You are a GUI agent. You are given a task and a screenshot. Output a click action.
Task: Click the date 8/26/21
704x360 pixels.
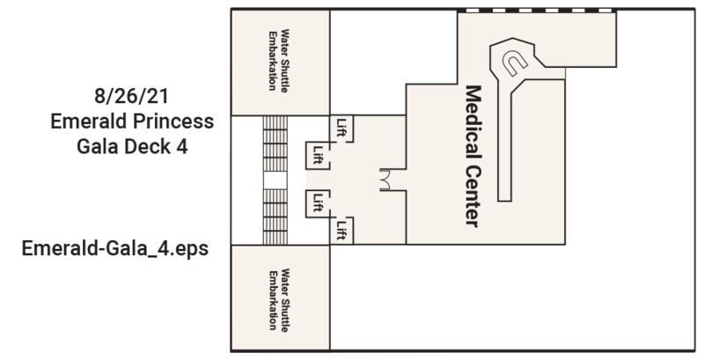tap(131, 96)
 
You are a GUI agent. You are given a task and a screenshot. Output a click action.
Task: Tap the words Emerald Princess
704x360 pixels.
tap(132, 121)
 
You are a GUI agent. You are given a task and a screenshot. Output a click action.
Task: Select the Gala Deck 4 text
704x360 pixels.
tap(132, 147)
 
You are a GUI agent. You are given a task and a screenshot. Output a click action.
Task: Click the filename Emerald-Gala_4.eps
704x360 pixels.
tap(115, 248)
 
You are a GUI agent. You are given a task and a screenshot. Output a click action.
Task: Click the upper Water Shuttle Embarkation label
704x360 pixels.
tap(278, 61)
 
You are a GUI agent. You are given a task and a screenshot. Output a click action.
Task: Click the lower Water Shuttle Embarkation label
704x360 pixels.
tap(278, 300)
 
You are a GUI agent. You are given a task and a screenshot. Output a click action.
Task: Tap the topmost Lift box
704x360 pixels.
tap(341, 129)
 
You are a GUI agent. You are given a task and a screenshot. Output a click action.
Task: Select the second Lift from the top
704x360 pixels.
tap(318, 155)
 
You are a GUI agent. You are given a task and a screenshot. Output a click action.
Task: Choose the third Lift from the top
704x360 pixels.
tap(318, 204)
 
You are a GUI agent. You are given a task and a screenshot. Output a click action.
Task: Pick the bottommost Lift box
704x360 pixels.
tap(341, 231)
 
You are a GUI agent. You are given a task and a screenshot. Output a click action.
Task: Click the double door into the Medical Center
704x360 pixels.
tap(385, 180)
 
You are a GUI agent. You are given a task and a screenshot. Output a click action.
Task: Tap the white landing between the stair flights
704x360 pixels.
tap(275, 180)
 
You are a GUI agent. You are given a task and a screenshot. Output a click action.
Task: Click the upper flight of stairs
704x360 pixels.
tap(275, 143)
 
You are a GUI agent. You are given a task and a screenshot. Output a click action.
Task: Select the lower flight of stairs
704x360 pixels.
tap(275, 217)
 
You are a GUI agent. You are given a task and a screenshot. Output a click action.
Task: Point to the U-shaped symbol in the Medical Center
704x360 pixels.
tap(514, 62)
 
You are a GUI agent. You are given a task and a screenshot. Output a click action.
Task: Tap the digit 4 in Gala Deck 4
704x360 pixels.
tap(182, 147)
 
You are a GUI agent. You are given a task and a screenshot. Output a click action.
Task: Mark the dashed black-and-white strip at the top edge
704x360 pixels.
tap(537, 11)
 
